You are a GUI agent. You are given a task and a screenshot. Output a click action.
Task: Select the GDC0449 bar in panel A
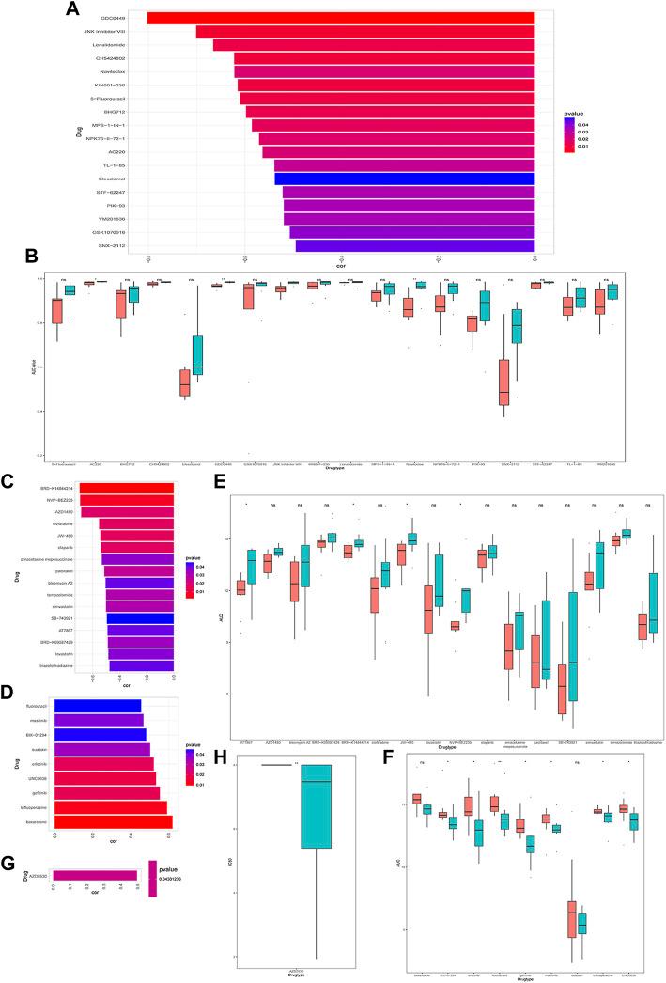pos(340,18)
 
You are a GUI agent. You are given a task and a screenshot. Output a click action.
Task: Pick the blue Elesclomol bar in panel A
pos(404,179)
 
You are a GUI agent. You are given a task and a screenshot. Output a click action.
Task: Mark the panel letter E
pos(217,482)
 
